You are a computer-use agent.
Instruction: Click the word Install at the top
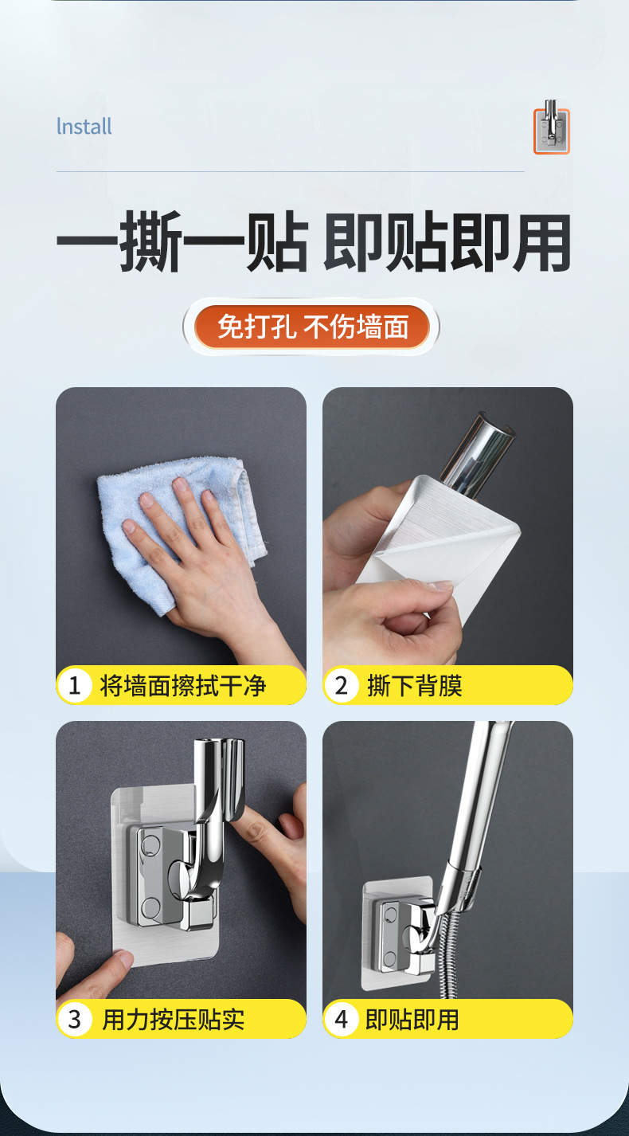pyautogui.click(x=84, y=127)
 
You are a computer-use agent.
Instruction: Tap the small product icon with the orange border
pyautogui.click(x=551, y=130)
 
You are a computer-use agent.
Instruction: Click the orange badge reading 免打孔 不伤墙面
pyautogui.click(x=312, y=327)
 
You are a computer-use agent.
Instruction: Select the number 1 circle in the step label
pyautogui.click(x=75, y=686)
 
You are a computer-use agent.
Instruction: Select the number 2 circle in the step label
pyautogui.click(x=342, y=686)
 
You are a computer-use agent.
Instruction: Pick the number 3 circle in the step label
pyautogui.click(x=75, y=1020)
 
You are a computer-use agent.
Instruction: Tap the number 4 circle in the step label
pyautogui.click(x=342, y=1020)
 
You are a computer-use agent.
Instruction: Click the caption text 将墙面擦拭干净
pyautogui.click(x=182, y=686)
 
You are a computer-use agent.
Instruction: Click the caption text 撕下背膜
pyautogui.click(x=414, y=686)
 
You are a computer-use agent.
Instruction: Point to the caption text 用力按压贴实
pyautogui.click(x=174, y=1020)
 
